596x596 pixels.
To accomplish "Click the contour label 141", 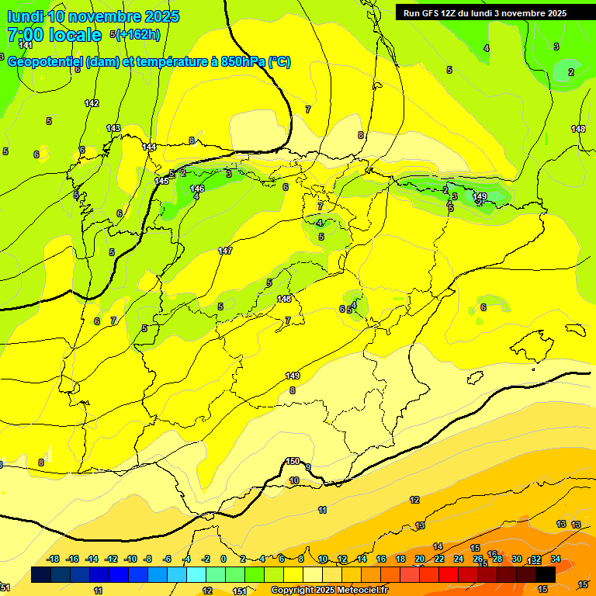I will point(26,46).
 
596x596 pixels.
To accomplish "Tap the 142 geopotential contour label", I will point(92,103).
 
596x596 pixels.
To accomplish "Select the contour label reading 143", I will point(113,128).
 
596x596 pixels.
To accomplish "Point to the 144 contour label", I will point(150,147).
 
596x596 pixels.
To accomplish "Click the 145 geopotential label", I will point(161,181).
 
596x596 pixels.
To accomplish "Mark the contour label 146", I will point(197,189).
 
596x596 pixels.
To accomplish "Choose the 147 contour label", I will point(225,251).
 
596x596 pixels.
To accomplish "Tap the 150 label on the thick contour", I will point(293,461).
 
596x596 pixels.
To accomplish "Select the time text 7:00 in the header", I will point(24,35).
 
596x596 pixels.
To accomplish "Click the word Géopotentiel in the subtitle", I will point(46,62).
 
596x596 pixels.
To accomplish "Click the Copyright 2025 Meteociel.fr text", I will point(329,591).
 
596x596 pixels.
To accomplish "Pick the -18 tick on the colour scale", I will point(53,559).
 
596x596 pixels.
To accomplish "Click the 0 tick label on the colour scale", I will point(223,559).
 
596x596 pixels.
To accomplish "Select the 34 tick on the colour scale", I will point(556,559).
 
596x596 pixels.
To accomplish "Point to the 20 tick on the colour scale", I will point(419,559).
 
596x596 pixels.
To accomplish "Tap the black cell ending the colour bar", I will point(546,574).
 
